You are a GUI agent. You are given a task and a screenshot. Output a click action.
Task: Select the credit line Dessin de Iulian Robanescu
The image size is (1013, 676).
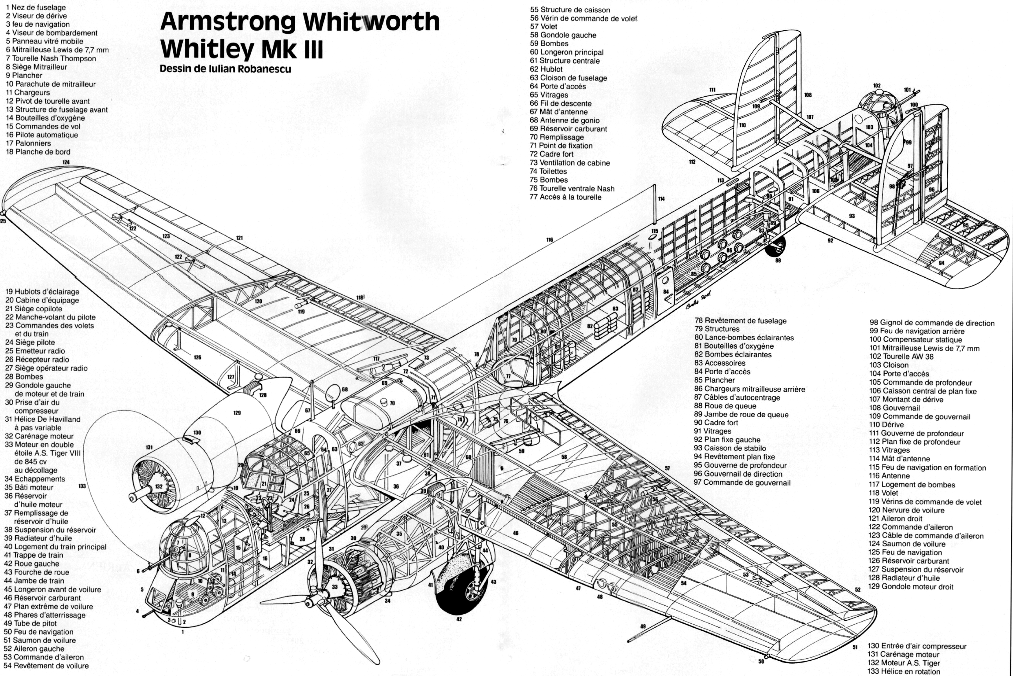[225, 69]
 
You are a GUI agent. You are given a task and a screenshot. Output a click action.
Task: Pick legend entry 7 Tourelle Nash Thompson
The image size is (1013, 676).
[51, 58]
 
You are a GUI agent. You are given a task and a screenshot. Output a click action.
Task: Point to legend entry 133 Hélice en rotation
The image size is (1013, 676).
[904, 671]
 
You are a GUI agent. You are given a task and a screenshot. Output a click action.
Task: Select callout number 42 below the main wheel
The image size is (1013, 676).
[459, 619]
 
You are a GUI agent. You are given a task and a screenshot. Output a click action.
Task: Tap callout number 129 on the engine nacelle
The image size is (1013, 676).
[237, 413]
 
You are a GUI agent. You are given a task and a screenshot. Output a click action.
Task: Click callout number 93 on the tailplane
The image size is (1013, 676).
[851, 216]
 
